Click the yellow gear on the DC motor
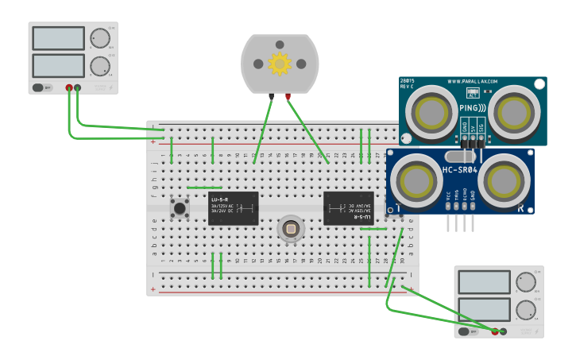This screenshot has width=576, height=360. [x=280, y=64]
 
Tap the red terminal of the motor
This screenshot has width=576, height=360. [x=288, y=97]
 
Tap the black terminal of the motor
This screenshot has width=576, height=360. [x=272, y=97]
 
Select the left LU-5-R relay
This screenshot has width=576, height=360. [x=232, y=208]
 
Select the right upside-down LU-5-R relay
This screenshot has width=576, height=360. [x=348, y=208]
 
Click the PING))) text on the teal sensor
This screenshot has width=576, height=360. [x=474, y=106]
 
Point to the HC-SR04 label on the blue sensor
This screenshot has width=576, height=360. [x=459, y=169]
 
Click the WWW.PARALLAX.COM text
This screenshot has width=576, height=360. [x=472, y=81]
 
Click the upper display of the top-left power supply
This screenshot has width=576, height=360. [x=58, y=38]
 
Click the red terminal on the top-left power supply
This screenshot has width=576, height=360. [x=69, y=87]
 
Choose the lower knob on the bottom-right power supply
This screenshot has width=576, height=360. [x=525, y=310]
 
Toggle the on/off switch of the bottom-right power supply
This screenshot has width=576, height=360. [x=465, y=331]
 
